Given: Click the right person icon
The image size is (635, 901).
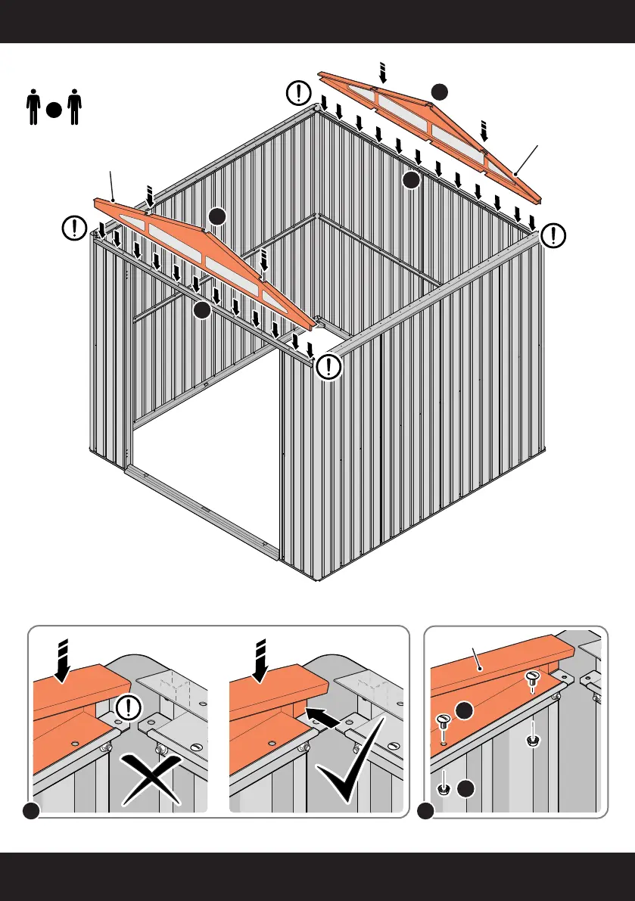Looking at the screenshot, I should [73, 108].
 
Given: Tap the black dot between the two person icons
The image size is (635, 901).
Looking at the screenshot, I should [52, 110].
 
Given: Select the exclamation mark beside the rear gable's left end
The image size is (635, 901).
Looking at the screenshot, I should [300, 93].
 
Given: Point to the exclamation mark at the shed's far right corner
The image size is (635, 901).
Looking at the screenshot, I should [555, 235].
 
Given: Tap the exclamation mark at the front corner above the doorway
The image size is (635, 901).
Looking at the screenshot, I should [329, 367].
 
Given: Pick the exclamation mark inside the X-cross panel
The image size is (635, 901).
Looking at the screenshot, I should [130, 708].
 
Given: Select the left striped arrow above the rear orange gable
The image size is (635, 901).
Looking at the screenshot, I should [382, 73].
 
